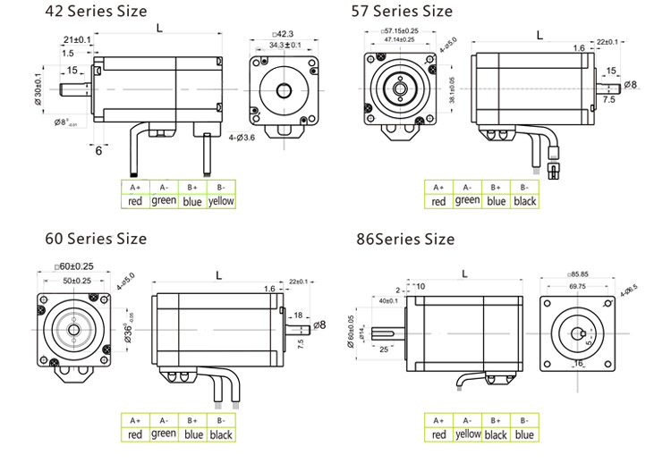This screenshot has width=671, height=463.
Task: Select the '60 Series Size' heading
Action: [96, 239]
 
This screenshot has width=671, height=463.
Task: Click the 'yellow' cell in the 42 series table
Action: [220, 201]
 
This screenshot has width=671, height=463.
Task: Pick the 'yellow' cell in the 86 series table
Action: [467, 434]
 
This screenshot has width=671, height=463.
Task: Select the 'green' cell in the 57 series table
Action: [467, 200]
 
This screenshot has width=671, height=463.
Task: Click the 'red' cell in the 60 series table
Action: [135, 435]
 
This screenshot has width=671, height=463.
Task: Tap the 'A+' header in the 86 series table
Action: [438, 419]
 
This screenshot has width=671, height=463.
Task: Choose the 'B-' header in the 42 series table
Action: [220, 186]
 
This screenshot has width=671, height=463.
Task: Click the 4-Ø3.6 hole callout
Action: [242, 138]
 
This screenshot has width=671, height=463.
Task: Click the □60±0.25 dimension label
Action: [75, 266]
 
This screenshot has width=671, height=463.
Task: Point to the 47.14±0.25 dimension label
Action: [398, 40]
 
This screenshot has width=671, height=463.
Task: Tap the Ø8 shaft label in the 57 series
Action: [630, 85]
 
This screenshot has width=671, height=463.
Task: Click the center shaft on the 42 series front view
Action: [285, 90]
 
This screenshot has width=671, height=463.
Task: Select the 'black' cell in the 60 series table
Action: [220, 435]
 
